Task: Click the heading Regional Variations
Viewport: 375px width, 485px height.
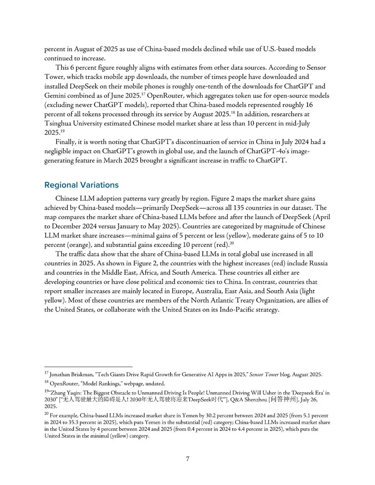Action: pos(81,185)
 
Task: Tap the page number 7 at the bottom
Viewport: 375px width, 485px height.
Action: pos(187,459)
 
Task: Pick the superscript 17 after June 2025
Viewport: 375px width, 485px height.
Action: pos(143,94)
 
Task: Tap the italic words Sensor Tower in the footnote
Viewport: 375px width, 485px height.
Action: pos(264,375)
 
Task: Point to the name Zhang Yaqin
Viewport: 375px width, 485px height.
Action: pos(66,393)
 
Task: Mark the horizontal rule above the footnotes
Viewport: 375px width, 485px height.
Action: pos(88,367)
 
